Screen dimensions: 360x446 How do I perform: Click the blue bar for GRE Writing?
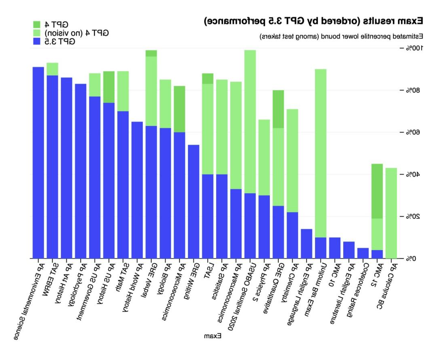(x=194, y=202)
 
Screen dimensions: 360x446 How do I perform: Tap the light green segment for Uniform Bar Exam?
(x=321, y=153)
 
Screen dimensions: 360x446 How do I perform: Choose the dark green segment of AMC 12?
(x=377, y=191)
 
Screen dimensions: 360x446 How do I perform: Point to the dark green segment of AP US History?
(x=109, y=87)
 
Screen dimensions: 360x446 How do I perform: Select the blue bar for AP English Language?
(x=306, y=243)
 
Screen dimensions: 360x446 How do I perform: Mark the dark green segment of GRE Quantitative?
(x=278, y=109)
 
